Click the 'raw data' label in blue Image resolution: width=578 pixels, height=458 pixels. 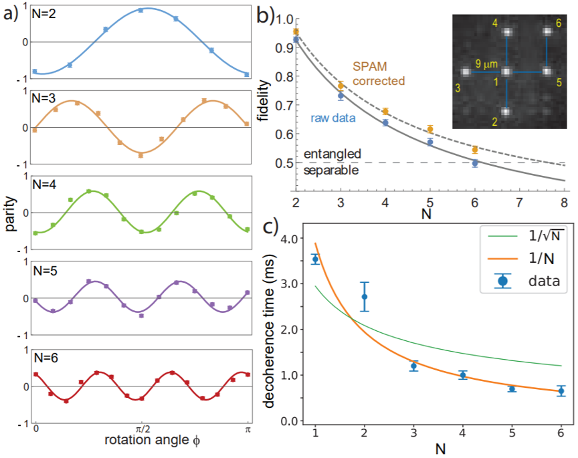coord(332,116)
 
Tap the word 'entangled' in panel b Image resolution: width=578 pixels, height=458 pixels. coord(332,154)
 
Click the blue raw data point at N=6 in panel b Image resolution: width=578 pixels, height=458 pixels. coord(475,162)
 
